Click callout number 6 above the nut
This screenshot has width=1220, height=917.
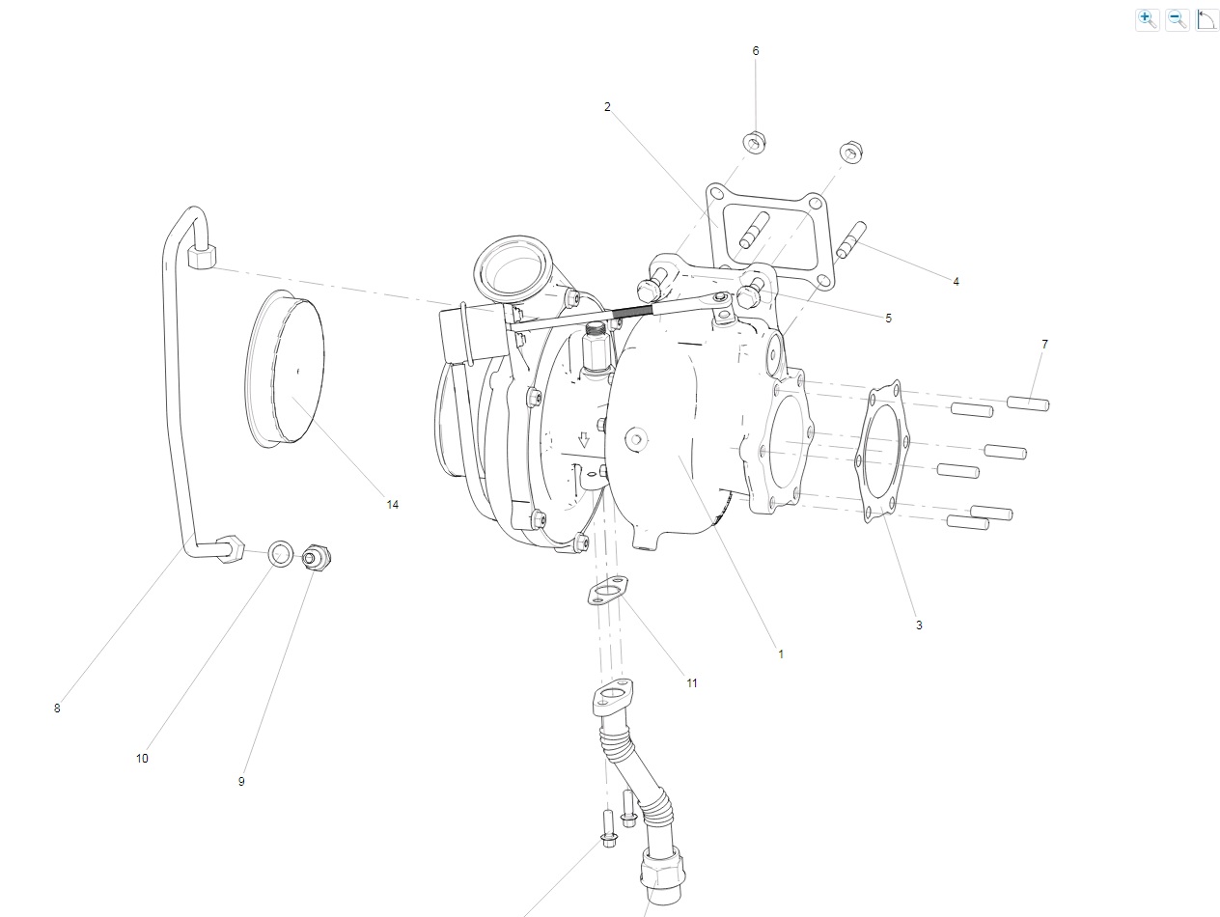[756, 51]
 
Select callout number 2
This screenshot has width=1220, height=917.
[607, 107]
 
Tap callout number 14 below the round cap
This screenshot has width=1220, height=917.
[393, 505]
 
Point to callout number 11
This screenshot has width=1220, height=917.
[691, 683]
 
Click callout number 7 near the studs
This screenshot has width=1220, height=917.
[1045, 344]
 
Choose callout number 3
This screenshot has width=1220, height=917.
[919, 625]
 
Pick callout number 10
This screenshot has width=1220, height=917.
[142, 758]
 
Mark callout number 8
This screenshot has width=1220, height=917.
[57, 709]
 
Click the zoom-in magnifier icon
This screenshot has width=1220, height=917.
[1148, 20]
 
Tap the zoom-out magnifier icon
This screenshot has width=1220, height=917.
[1178, 20]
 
